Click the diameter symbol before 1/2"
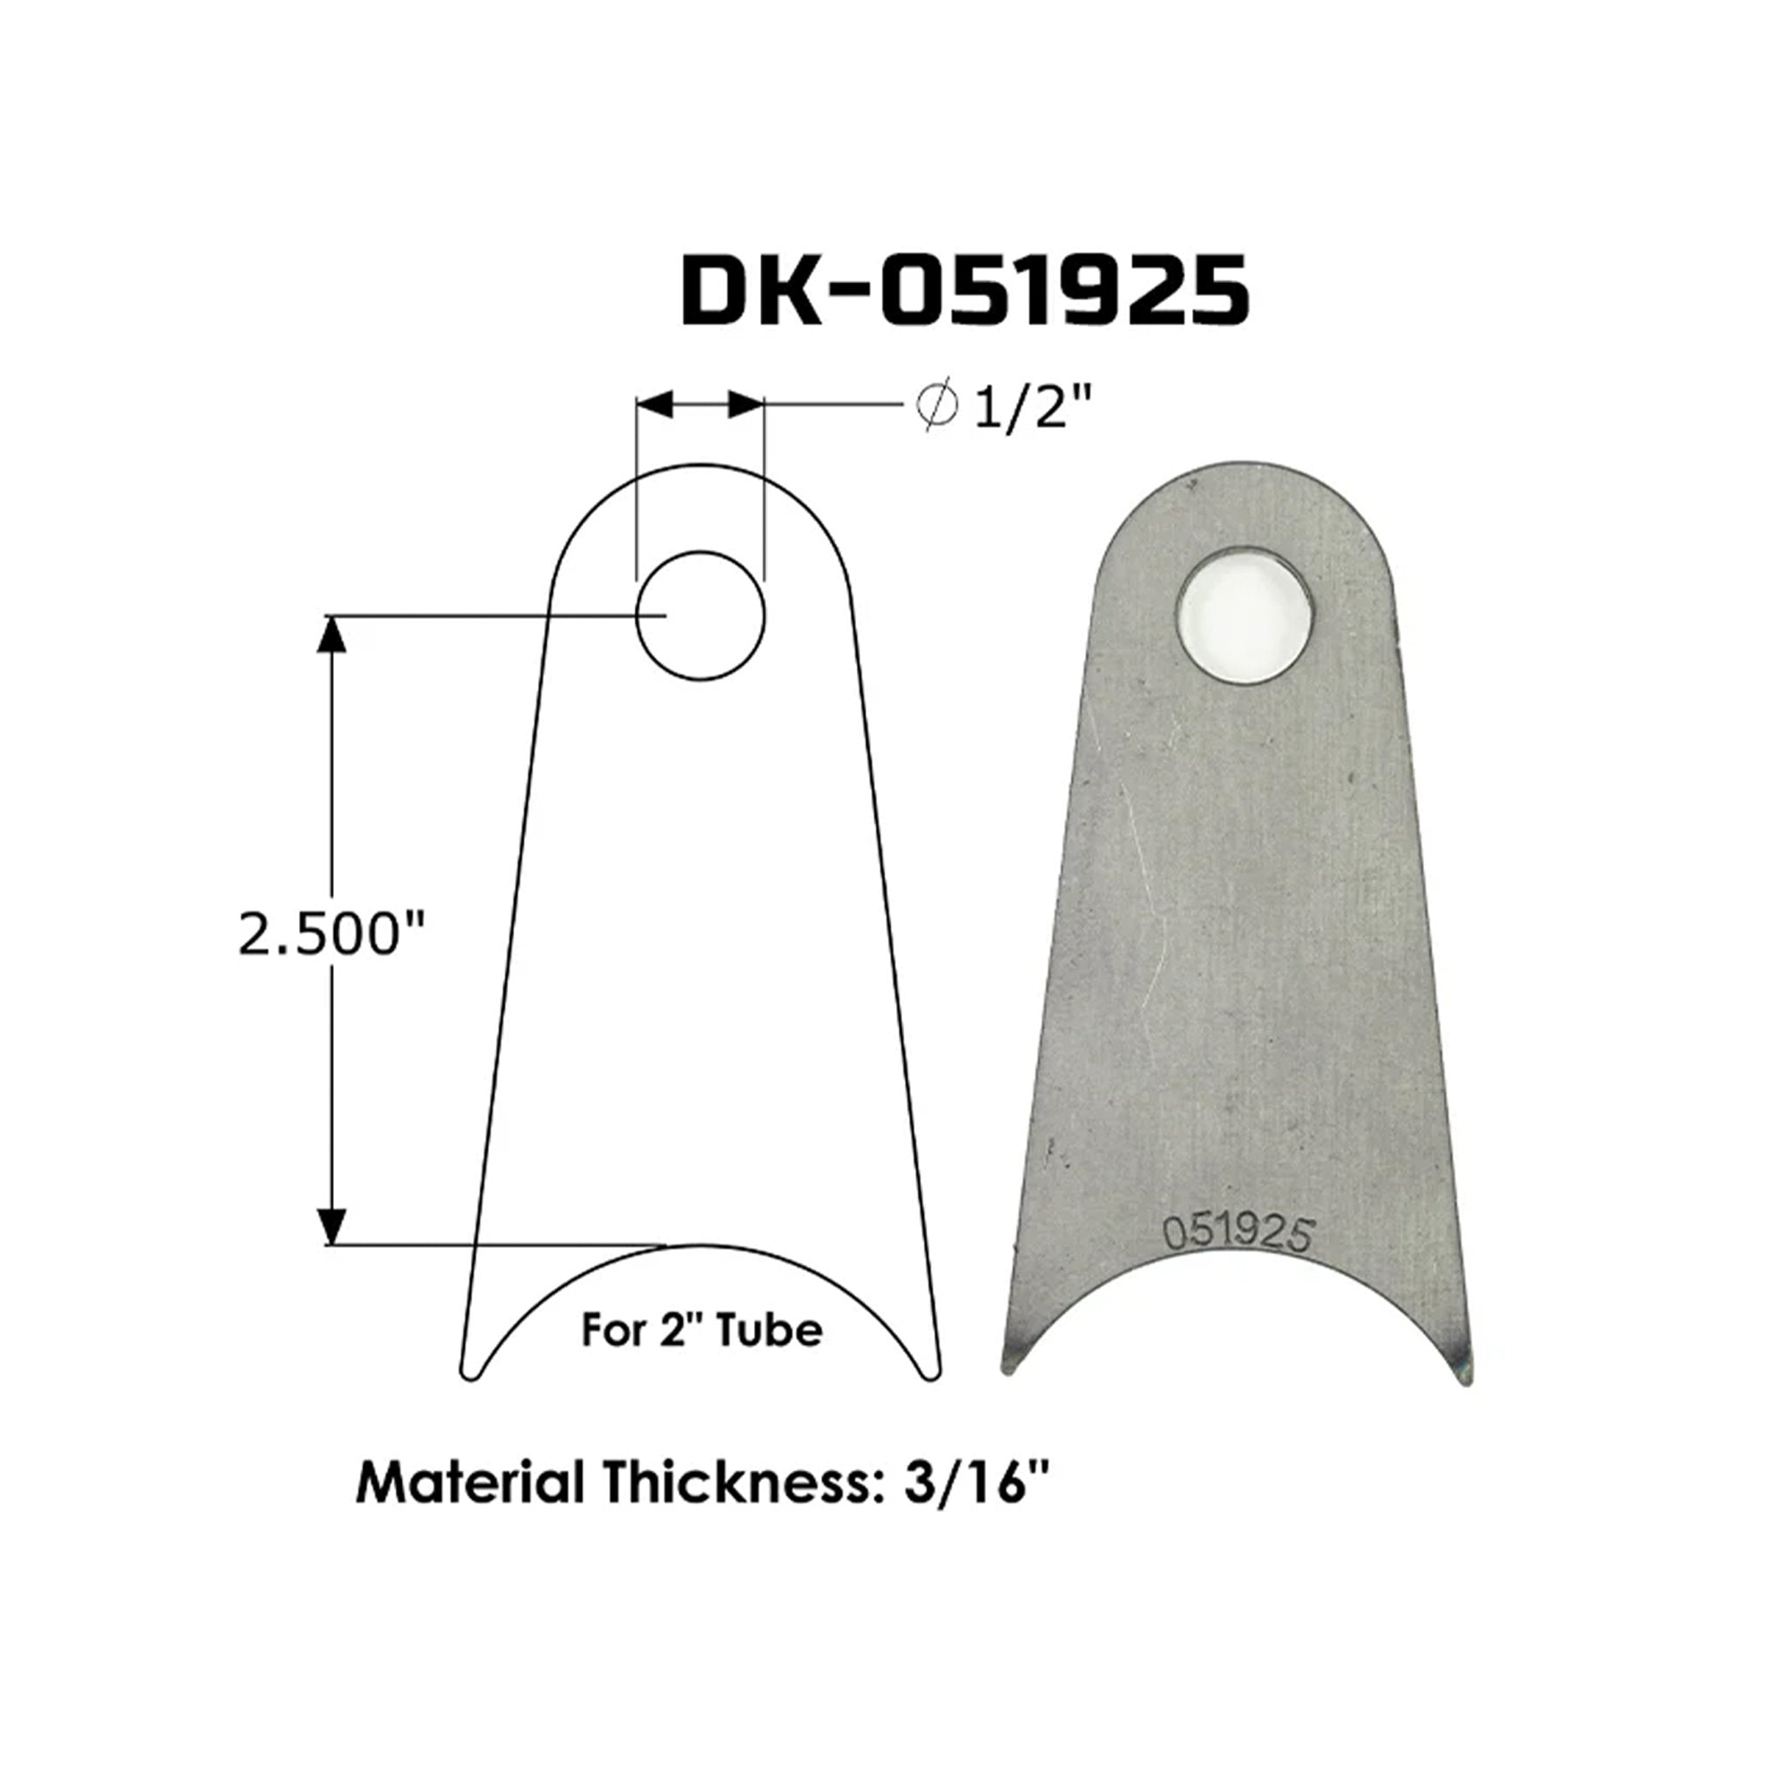pos(935,404)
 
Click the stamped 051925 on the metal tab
pos(1238,1235)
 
